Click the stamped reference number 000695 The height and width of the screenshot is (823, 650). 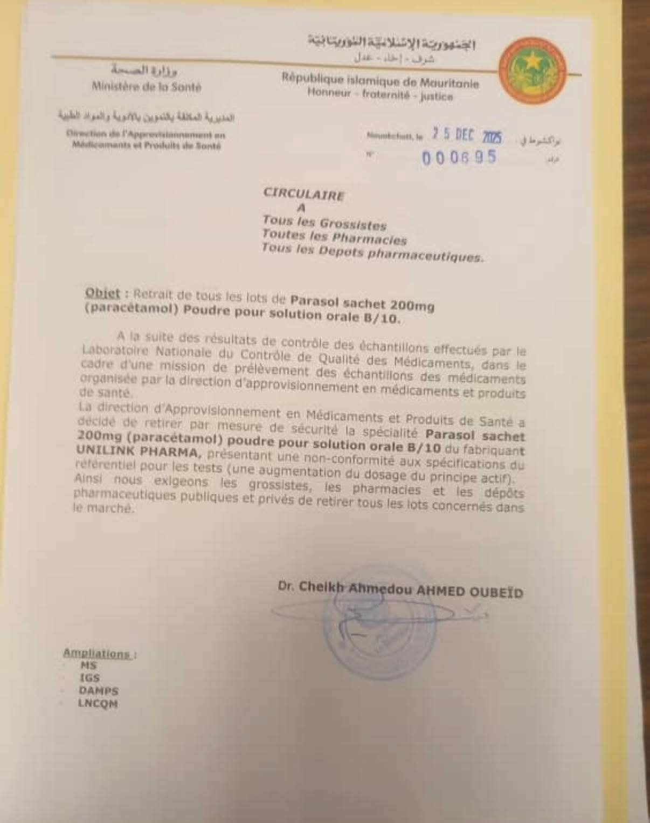coord(459,158)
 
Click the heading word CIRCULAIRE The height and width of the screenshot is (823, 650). coord(303,194)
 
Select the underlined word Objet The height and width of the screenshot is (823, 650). coord(102,293)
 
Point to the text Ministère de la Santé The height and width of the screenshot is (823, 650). coord(146,86)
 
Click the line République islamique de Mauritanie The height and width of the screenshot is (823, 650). coord(380,81)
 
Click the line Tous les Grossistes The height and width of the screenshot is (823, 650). coord(324,222)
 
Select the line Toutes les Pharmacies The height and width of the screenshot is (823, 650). coord(334,236)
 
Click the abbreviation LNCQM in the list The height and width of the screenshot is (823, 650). coord(98,703)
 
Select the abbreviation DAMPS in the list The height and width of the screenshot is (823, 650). coord(99,690)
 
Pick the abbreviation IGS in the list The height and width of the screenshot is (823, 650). coord(89,678)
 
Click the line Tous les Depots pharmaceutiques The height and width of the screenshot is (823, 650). coord(372,252)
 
